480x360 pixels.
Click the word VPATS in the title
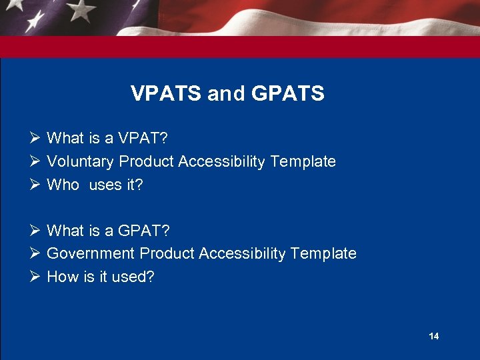[165, 94]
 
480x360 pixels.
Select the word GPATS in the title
[288, 94]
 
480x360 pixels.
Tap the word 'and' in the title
[226, 94]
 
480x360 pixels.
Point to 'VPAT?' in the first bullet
[143, 138]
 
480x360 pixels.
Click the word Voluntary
[81, 161]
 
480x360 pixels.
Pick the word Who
[63, 185]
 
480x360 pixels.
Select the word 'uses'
[105, 185]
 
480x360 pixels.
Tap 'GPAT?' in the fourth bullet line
[144, 231]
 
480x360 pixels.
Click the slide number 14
[434, 336]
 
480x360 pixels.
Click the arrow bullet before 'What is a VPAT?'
[36, 138]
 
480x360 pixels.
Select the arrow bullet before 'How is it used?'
[36, 277]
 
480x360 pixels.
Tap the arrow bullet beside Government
[36, 253]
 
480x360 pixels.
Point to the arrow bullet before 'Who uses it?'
[36, 185]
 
